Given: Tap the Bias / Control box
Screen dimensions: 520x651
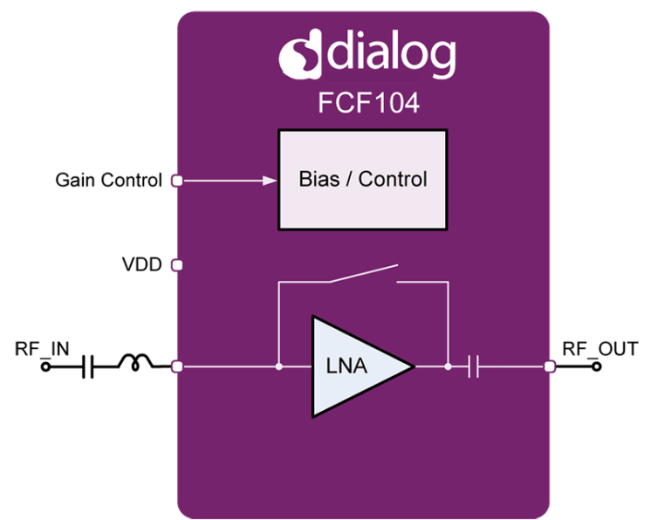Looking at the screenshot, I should [x=362, y=180].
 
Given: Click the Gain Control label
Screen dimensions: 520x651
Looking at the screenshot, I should [x=108, y=181].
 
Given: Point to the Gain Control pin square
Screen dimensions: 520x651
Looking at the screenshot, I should [x=176, y=181].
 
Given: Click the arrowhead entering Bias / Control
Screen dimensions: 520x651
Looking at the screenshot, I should [x=269, y=181].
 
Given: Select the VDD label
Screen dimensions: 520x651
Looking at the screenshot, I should [x=141, y=263].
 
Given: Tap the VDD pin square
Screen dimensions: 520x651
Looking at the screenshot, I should [x=176, y=263].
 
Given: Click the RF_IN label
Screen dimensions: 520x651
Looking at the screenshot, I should [x=41, y=349].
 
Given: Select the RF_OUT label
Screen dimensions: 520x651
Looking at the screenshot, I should [x=589, y=349].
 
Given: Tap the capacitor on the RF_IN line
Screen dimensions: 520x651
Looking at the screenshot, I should [x=87, y=366].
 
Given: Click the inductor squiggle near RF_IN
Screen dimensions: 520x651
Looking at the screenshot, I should [x=140, y=366].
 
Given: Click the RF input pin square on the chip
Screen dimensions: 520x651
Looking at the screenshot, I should [x=177, y=367].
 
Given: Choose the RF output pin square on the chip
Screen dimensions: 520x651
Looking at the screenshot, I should [x=550, y=367].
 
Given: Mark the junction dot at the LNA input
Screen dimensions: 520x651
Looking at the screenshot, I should [x=278, y=367].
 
